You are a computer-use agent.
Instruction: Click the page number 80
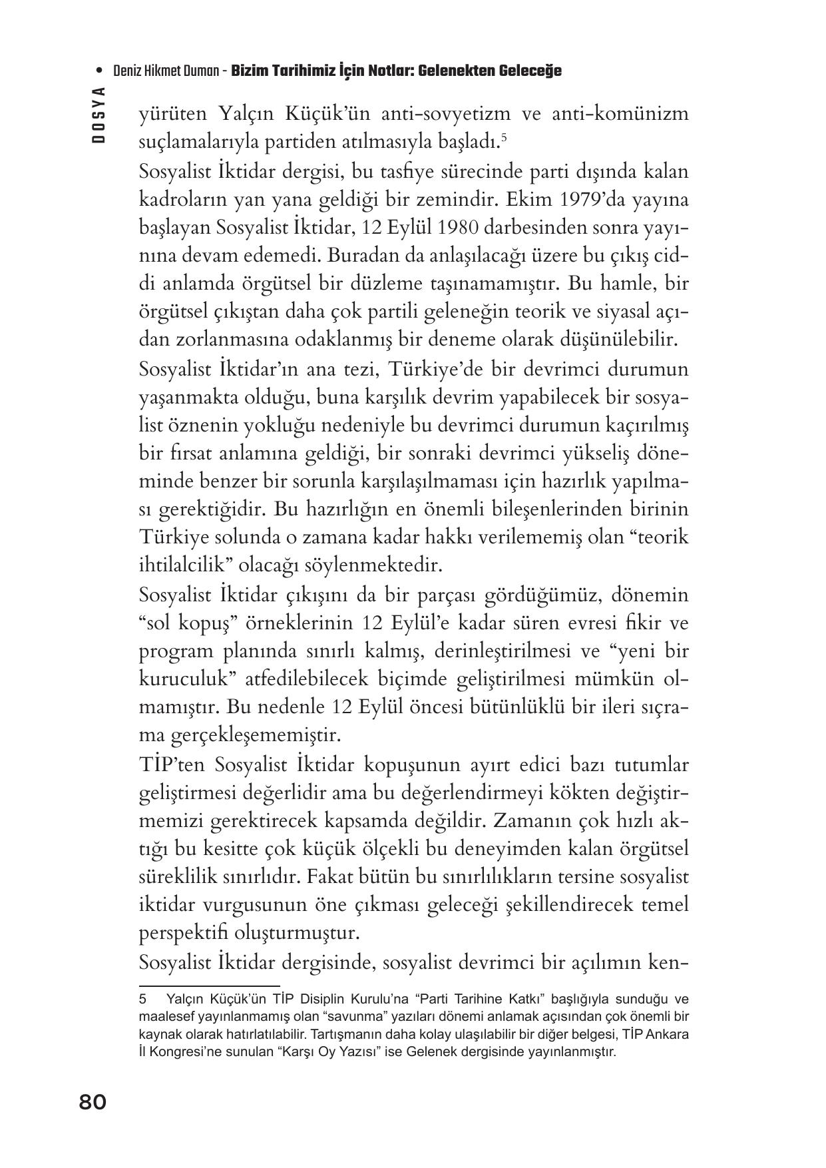point(93,1102)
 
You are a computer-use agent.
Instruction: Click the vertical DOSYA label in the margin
point(99,115)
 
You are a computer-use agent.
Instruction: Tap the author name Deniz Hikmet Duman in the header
point(166,71)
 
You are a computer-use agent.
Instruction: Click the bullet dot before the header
point(99,71)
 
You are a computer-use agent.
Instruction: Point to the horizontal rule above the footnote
point(209,986)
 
